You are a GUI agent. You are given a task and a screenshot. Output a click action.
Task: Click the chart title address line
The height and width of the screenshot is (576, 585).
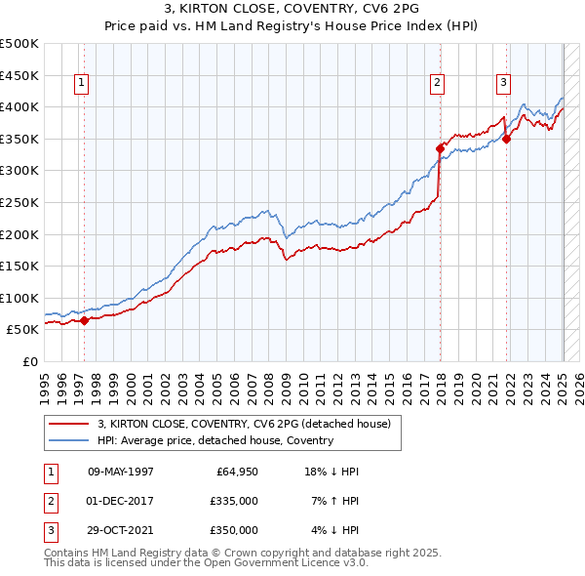[x=292, y=11]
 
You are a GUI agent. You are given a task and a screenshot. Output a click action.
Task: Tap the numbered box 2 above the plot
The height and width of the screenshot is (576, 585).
[x=438, y=84]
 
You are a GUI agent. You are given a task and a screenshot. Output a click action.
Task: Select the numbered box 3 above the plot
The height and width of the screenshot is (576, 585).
[x=504, y=84]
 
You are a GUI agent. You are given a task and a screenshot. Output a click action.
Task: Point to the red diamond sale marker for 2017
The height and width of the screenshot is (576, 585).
[x=440, y=148]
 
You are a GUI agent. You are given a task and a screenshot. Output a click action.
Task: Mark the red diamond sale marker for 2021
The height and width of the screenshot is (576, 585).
[x=507, y=139]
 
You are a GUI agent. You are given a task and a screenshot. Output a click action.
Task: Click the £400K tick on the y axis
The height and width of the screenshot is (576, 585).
[x=19, y=106]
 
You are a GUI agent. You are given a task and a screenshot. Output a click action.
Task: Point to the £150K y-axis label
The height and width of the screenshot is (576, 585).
[x=19, y=266]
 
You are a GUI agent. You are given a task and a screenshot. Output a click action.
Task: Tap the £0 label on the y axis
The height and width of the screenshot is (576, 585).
[x=31, y=361]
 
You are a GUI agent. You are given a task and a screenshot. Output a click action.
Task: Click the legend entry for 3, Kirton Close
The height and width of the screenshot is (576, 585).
[x=244, y=424]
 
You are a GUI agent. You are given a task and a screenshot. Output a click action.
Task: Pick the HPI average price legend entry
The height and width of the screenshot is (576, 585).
[x=215, y=440]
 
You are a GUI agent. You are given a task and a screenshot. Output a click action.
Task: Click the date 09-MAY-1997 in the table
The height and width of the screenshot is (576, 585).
[x=121, y=472]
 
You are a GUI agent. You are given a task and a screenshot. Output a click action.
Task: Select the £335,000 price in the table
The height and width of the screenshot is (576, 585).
[x=234, y=501]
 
